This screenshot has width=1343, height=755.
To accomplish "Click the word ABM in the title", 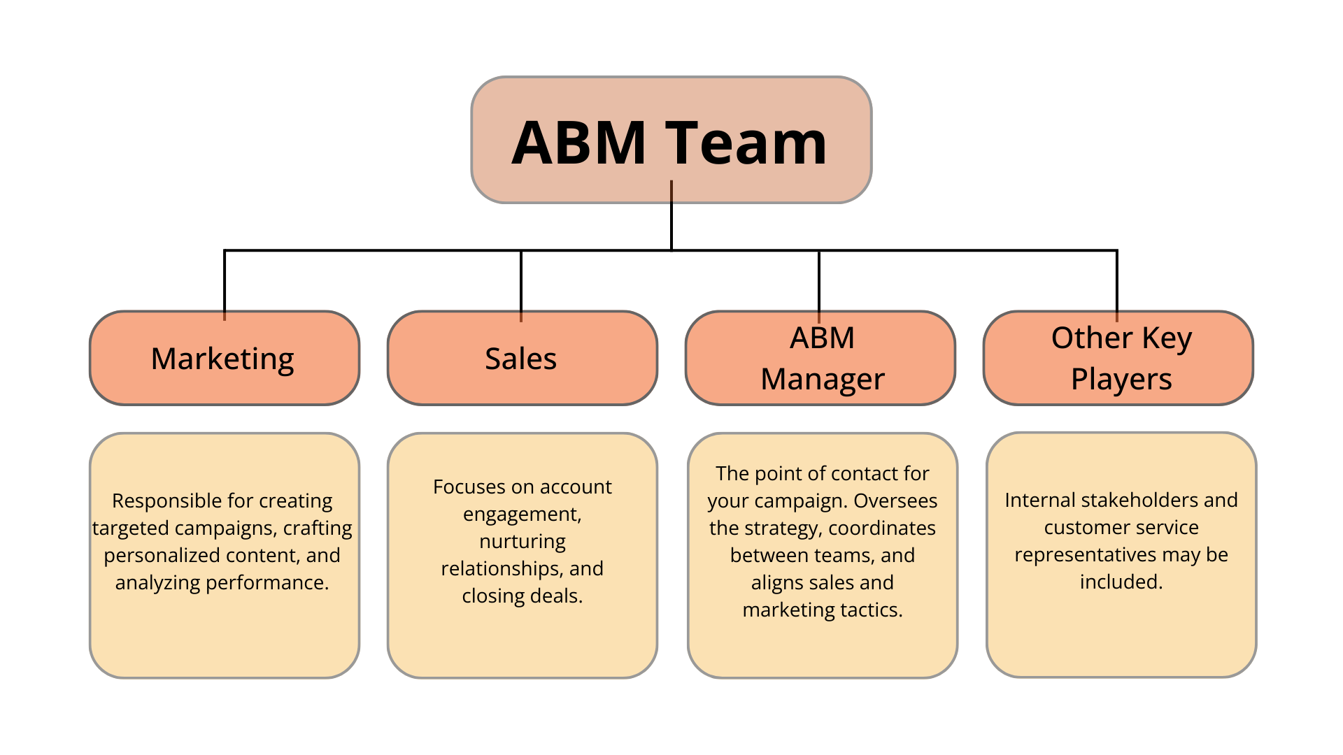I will [578, 143].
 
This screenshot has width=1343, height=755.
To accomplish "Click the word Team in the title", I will [746, 143].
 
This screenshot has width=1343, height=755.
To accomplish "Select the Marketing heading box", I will [224, 359].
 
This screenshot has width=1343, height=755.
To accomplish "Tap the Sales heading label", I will [521, 359].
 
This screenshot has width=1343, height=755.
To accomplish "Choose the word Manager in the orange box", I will [823, 380].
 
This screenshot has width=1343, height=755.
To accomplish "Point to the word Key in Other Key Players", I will [1167, 338].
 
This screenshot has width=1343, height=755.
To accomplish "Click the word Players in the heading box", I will [1121, 380].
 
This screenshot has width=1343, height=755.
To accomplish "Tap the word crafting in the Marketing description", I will [318, 528].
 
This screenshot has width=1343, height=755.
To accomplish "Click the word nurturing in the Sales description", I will [523, 541].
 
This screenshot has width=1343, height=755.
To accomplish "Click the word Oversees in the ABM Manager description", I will [895, 501].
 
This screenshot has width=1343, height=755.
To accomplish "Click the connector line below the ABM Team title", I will [671, 192].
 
